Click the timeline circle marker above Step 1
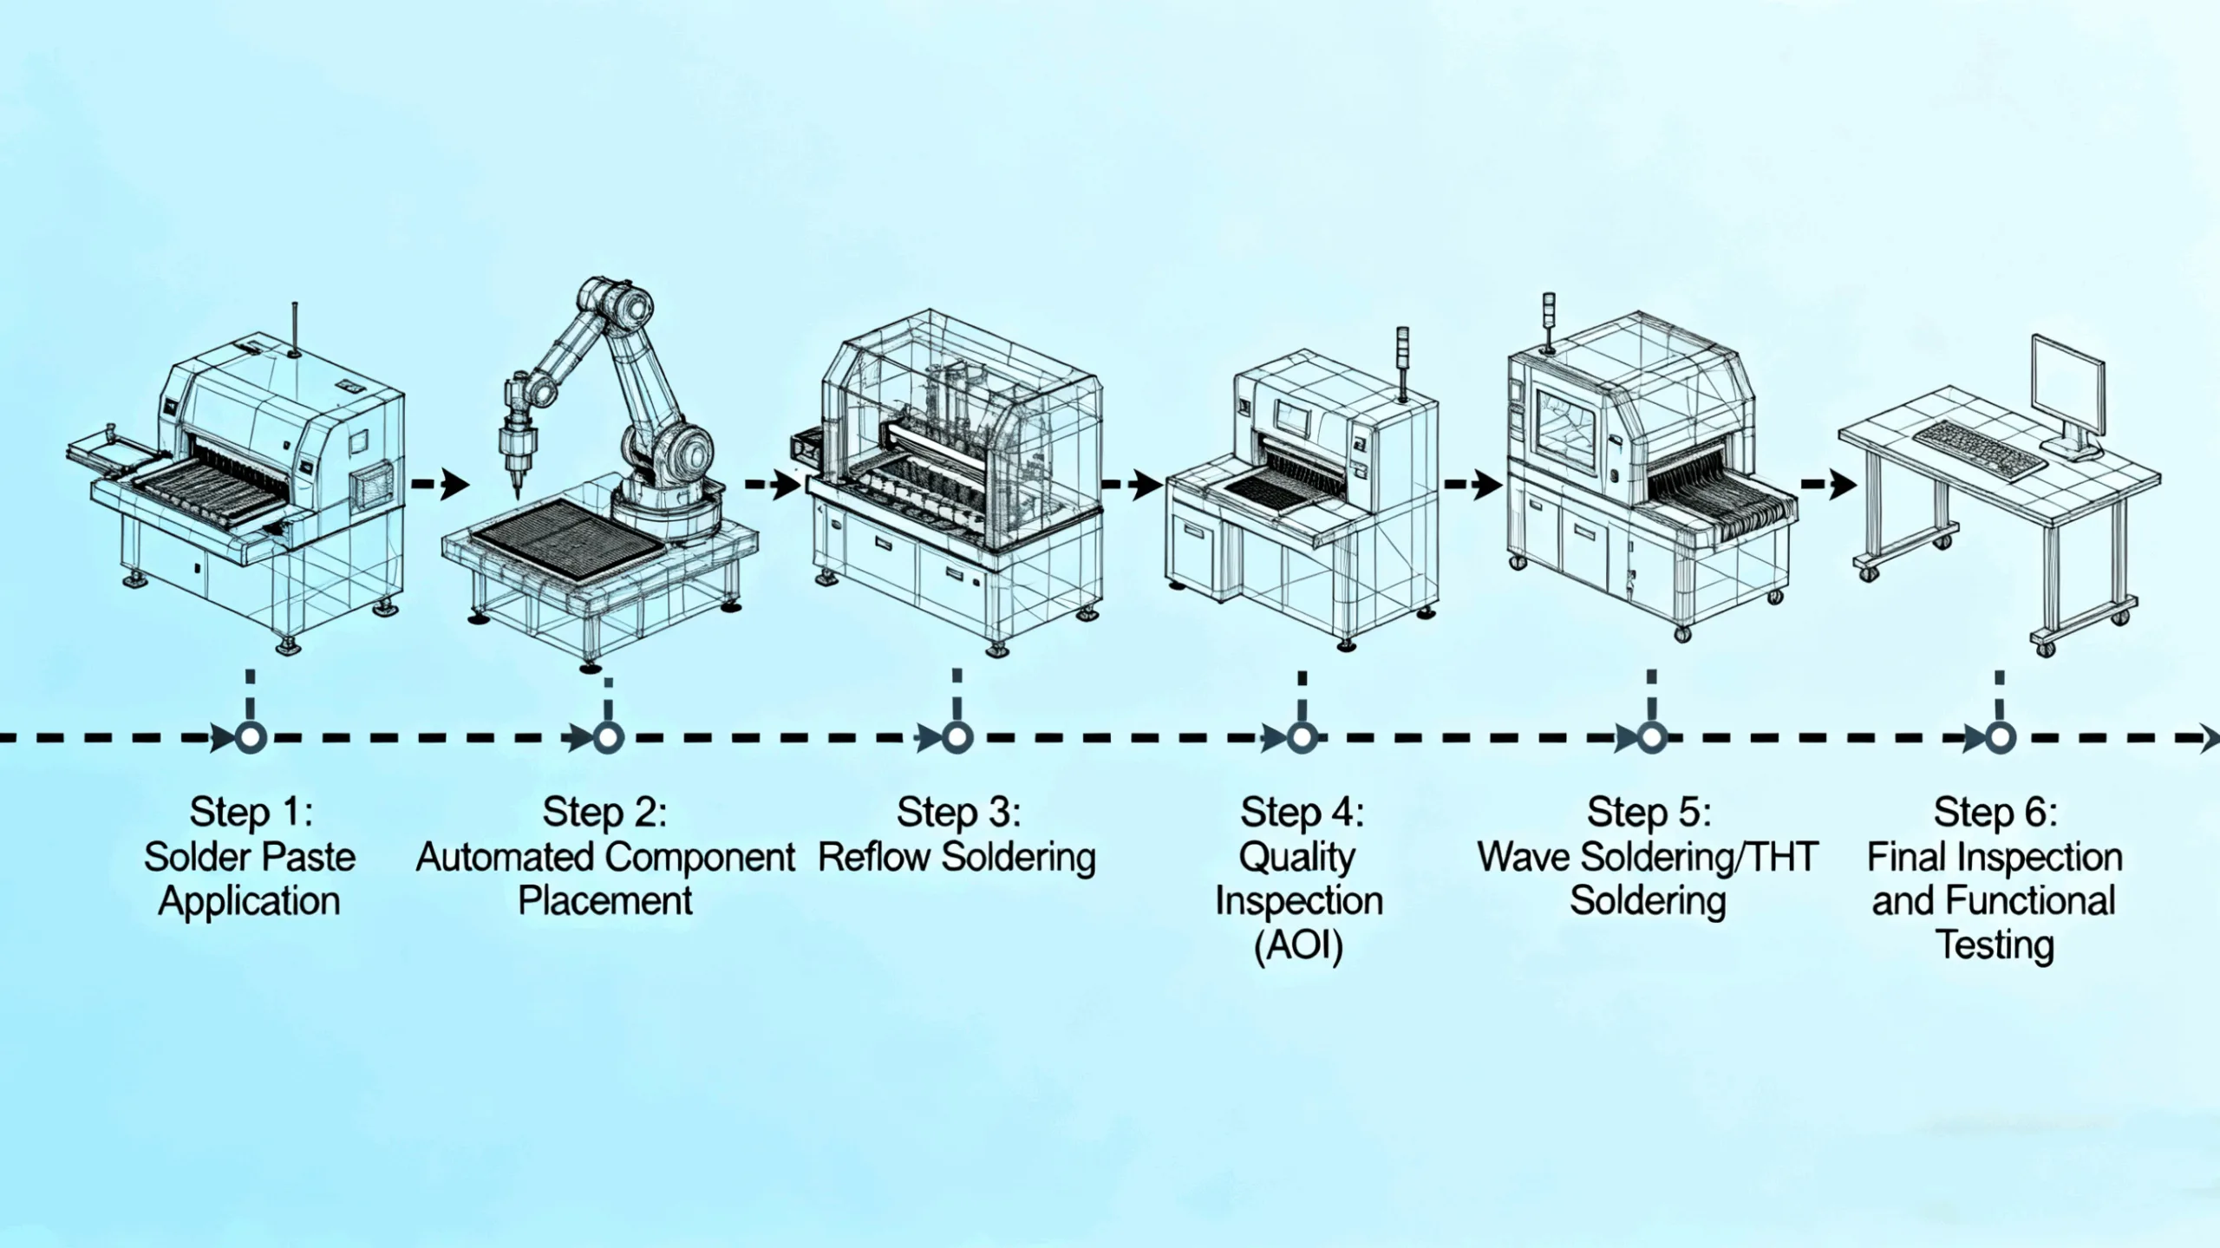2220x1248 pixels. click(x=251, y=738)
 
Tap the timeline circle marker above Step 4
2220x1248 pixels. click(x=1301, y=738)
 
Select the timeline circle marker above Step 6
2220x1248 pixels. click(x=2000, y=738)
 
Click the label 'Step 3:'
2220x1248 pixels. click(x=958, y=813)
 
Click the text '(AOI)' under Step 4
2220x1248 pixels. click(x=1298, y=944)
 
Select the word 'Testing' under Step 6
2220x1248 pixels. click(x=1995, y=944)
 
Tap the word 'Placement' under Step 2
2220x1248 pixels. click(x=604, y=900)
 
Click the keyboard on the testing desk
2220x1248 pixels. click(x=1979, y=448)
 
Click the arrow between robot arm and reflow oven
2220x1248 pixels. click(x=774, y=484)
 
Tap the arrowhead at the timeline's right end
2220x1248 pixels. click(x=2210, y=738)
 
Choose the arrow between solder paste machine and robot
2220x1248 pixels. click(x=440, y=484)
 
